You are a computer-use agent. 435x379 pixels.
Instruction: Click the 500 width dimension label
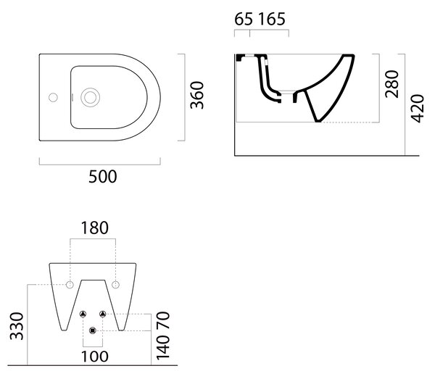(103, 177)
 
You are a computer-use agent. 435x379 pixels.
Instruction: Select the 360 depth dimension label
(197, 95)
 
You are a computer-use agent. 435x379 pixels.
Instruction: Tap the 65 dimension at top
(244, 19)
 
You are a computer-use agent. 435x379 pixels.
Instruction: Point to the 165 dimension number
(272, 19)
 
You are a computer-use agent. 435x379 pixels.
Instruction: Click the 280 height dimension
(392, 84)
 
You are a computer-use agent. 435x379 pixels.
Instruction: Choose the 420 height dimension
(418, 109)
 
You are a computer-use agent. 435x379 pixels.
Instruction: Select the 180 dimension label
(94, 228)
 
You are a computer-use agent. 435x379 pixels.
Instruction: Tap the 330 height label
(17, 326)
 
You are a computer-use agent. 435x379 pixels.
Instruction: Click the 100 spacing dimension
(94, 357)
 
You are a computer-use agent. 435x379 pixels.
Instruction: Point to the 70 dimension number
(163, 320)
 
